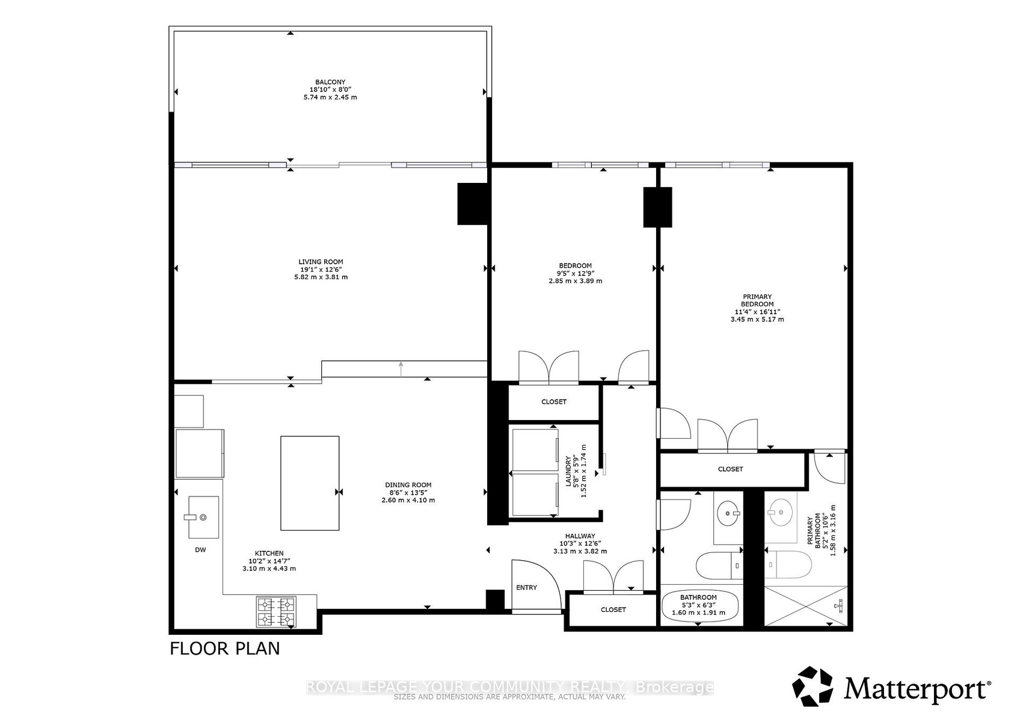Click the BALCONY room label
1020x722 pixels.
coord(330,82)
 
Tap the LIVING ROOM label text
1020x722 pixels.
coord(321,262)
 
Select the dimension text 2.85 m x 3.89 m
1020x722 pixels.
coord(575,281)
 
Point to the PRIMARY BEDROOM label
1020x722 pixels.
coord(757,301)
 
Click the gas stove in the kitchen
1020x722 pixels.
coord(277,612)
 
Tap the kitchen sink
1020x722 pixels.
coord(203,517)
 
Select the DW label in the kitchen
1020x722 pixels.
coord(200,550)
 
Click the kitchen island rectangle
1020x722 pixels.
coord(310,483)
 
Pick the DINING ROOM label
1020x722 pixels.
coord(408,485)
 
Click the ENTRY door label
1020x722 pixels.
coord(526,588)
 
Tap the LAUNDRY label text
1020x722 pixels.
coord(568,471)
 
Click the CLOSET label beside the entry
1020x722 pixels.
coord(613,609)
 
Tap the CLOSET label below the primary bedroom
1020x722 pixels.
coord(730,469)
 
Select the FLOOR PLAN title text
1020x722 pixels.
coord(225,649)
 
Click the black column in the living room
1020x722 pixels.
coord(472,203)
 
